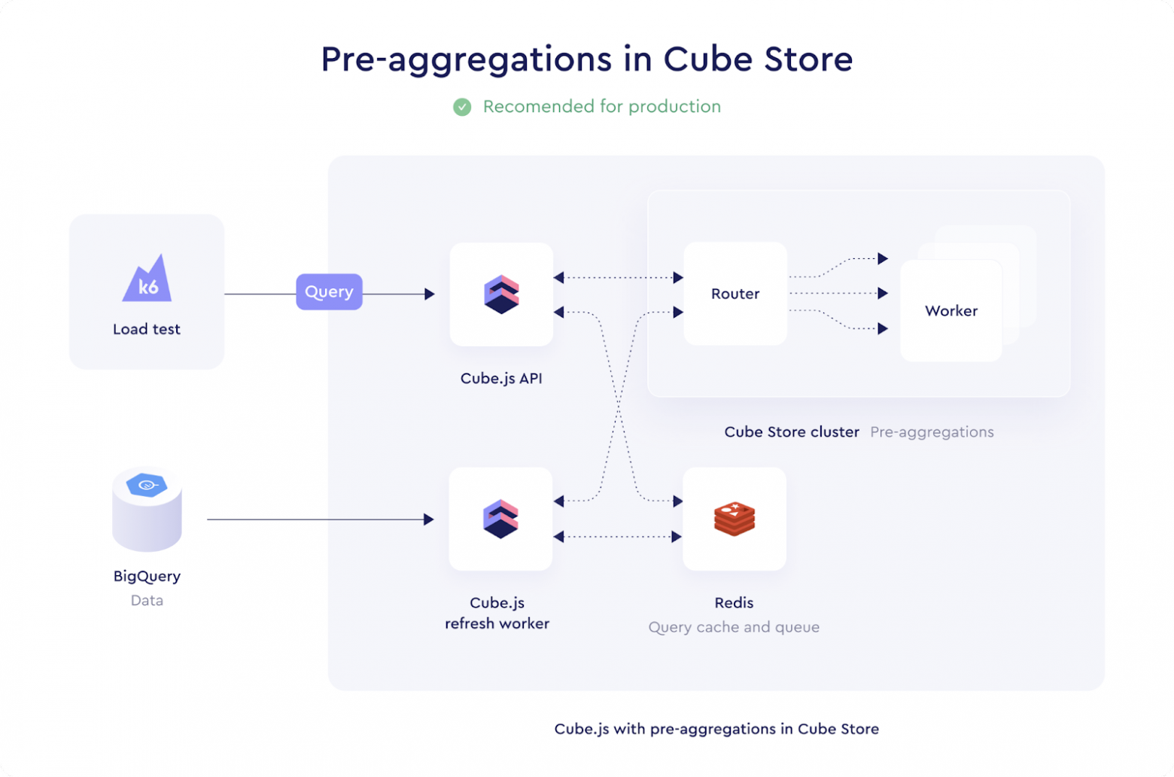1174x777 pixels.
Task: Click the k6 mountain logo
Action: (x=147, y=279)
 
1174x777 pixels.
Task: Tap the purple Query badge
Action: (x=329, y=292)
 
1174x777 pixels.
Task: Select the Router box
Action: (x=735, y=294)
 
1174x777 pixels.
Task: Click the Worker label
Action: (x=951, y=311)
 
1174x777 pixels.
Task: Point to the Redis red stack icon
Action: (x=735, y=519)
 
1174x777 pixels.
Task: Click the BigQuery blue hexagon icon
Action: (x=147, y=484)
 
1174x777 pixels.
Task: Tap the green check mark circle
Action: (x=462, y=107)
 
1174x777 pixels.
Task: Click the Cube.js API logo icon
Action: (x=501, y=294)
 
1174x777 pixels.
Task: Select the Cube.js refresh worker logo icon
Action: (x=500, y=519)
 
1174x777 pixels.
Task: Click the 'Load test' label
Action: (x=147, y=329)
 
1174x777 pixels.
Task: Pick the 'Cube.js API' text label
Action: (x=501, y=378)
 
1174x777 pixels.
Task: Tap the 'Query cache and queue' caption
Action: (x=734, y=627)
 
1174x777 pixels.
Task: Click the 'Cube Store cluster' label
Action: (x=792, y=432)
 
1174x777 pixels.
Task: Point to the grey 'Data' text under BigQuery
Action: (x=147, y=600)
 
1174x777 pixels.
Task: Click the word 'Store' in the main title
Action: (x=808, y=59)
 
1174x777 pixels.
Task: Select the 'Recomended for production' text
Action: (x=602, y=107)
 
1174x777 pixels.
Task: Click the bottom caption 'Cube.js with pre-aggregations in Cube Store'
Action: (x=716, y=729)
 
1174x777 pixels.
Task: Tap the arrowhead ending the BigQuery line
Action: (x=429, y=520)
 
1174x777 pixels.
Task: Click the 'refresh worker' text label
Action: (x=497, y=623)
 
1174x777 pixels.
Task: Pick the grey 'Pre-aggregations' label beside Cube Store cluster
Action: (x=932, y=432)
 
